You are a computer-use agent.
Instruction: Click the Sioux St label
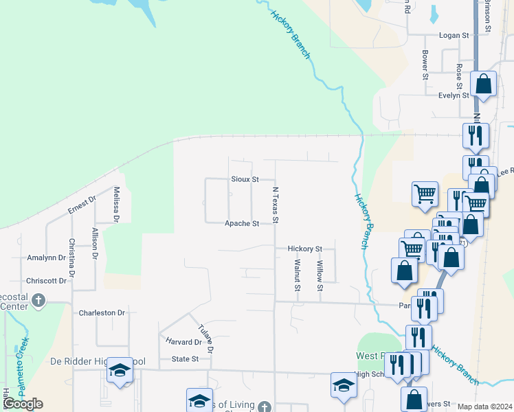(245, 179)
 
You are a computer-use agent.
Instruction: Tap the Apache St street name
(243, 224)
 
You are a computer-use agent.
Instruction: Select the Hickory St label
(305, 249)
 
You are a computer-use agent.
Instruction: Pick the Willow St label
(320, 275)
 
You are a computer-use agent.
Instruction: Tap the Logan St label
(454, 34)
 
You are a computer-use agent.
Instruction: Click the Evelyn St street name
(454, 95)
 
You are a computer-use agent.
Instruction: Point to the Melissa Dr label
(117, 205)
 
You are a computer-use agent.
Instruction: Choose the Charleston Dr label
(102, 313)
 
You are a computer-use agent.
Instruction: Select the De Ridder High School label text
(98, 361)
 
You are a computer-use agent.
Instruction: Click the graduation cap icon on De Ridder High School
(120, 371)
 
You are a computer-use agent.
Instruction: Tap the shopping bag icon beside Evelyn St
(484, 84)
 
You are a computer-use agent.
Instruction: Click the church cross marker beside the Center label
(38, 300)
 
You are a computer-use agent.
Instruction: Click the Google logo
(23, 404)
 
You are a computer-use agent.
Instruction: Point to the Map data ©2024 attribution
(484, 407)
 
